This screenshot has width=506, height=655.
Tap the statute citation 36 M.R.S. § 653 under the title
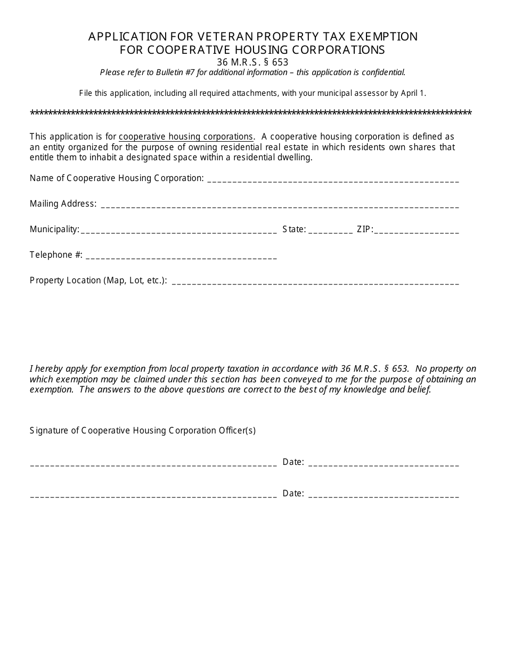point(252,62)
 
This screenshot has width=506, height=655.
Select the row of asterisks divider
point(251,113)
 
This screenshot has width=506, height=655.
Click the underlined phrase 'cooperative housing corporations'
point(186,136)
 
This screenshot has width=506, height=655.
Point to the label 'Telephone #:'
point(56,255)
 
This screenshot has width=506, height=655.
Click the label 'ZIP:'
point(365,229)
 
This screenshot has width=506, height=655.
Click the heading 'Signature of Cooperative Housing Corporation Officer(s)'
point(143,430)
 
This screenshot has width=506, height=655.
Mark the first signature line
point(153,464)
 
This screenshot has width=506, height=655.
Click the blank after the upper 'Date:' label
point(383,464)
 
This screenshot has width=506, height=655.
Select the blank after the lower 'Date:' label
point(383,495)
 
